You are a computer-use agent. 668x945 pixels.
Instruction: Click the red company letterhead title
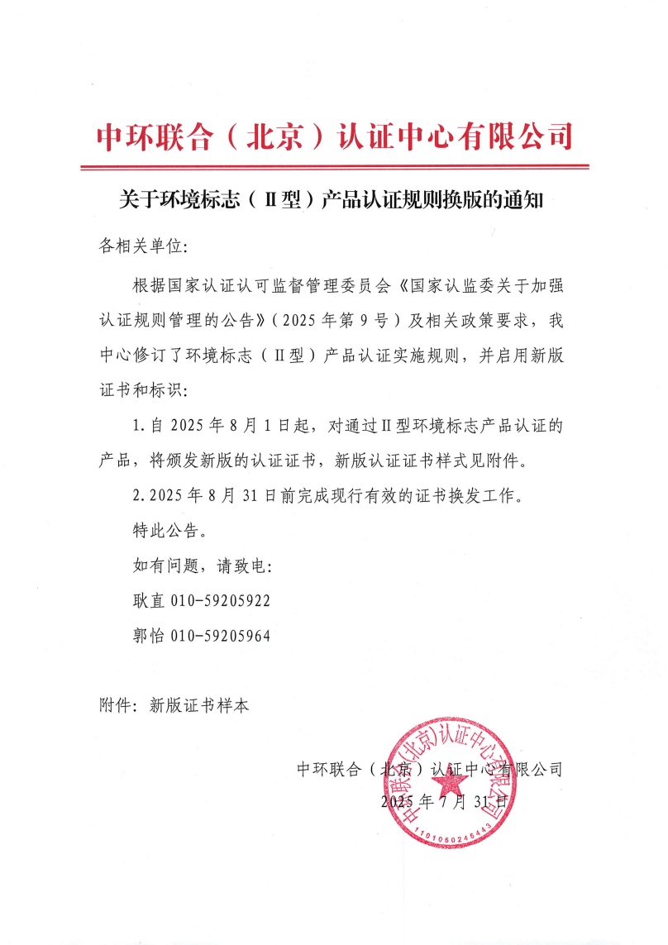coord(334,136)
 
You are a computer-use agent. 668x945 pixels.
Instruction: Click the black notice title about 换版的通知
coord(334,201)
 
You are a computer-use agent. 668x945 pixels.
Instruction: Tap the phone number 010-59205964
coord(220,636)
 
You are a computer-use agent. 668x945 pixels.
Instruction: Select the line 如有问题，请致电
coord(201,566)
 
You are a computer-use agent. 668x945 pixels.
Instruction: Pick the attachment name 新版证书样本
coord(198,706)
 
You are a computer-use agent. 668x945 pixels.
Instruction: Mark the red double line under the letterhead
coord(334,168)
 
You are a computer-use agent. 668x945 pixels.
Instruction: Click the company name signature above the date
coord(429,770)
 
